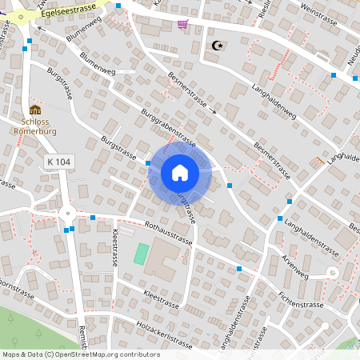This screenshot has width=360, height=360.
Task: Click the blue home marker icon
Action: coord(180,171)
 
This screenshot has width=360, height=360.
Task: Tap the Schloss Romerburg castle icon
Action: coord(34,110)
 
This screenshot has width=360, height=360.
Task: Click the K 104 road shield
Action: coord(58,162)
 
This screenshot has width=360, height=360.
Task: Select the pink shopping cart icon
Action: coord(182,24)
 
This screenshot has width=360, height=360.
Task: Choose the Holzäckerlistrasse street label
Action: coord(165,334)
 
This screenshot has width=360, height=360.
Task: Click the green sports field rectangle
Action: coord(141,254)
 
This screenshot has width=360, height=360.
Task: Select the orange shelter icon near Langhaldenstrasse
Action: coord(320,161)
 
